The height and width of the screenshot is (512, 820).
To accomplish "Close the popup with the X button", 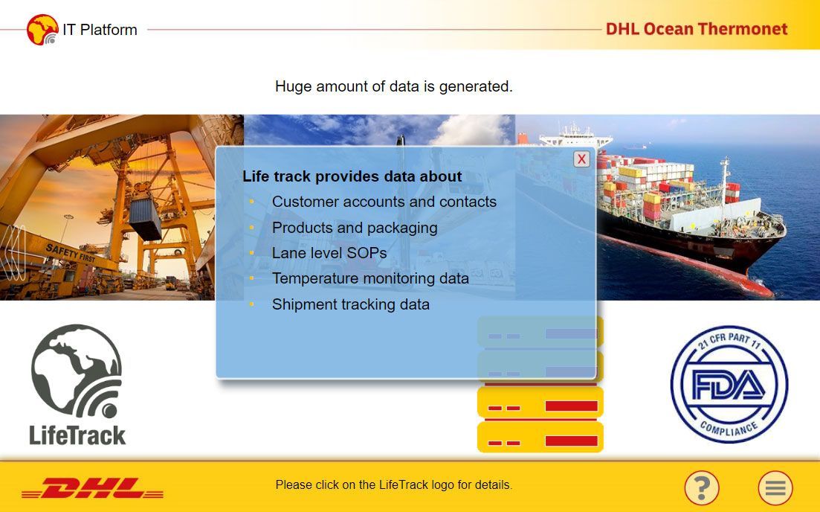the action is click(581, 159).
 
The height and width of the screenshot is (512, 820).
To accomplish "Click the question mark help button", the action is click(702, 487).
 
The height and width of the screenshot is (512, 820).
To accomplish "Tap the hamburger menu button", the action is click(775, 487).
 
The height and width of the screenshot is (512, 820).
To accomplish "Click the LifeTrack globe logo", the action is click(77, 385).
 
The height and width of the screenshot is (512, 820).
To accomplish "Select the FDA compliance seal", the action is click(729, 385).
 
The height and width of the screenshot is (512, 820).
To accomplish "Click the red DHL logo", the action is click(93, 488).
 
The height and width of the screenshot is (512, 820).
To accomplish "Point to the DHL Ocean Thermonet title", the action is click(697, 29).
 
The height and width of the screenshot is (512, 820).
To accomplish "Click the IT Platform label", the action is click(100, 30).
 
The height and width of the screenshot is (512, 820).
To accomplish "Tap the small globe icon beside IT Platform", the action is click(42, 30).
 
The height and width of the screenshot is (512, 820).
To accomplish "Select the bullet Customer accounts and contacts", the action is click(384, 202).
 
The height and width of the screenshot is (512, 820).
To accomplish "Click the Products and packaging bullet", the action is click(355, 228).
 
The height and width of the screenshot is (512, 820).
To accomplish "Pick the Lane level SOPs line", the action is click(329, 253).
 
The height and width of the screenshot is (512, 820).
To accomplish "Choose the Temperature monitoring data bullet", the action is click(370, 278).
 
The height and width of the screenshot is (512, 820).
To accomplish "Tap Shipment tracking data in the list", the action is click(350, 304).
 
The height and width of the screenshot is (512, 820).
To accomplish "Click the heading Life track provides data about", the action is click(352, 176).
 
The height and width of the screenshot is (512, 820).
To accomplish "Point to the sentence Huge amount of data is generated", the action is click(394, 86).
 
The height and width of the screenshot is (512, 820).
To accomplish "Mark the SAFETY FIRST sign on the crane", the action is click(71, 253).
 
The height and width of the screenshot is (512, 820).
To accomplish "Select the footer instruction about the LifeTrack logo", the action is click(394, 484).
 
